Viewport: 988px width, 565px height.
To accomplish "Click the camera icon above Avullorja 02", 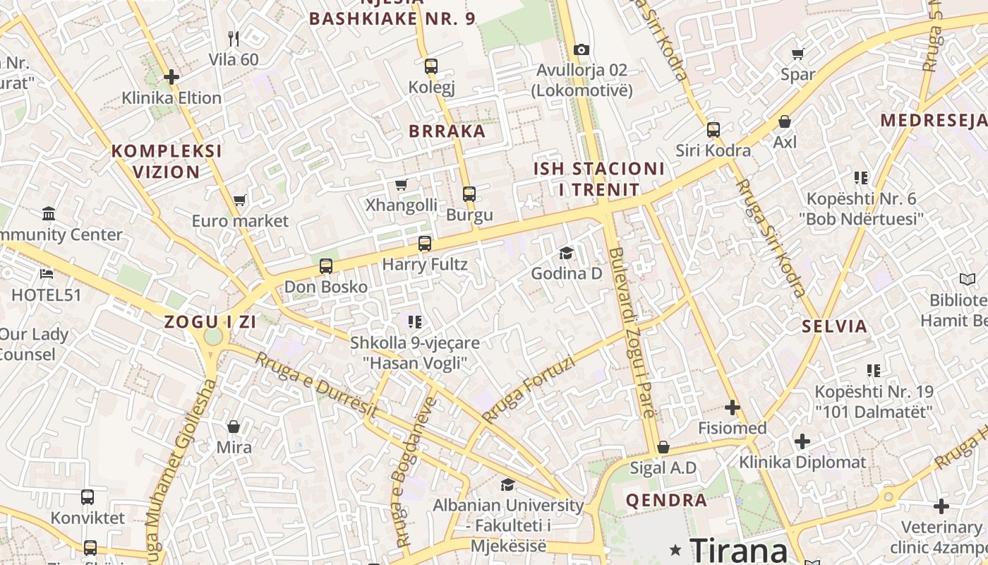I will [581, 49].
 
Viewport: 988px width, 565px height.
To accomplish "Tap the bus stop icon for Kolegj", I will [431, 66].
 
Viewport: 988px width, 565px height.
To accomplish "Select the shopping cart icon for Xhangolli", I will [402, 185].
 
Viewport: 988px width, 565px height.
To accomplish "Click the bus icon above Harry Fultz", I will [425, 244].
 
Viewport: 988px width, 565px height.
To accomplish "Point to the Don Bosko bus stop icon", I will [325, 266].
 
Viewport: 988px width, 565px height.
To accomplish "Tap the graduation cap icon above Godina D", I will [566, 253].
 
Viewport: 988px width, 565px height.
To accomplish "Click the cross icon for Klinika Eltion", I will [171, 77].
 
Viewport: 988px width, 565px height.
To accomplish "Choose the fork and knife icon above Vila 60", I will [234, 38].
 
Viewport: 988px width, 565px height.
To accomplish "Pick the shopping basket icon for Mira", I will [234, 427].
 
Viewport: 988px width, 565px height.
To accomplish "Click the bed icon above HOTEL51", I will [47, 274].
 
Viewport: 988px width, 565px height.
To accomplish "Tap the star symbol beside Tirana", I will [675, 549].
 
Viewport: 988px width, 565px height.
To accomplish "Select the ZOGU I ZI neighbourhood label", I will [210, 322].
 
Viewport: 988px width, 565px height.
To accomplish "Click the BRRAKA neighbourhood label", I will [447, 131].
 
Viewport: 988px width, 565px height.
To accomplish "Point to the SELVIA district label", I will [834, 326].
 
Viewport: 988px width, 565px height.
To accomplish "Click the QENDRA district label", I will [666, 501].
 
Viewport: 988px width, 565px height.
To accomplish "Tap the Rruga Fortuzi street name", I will [529, 388].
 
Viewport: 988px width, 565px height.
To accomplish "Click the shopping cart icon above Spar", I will [798, 54].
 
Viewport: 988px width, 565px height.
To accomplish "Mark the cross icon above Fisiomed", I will [733, 408].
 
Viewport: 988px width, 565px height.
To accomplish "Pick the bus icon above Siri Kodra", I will [713, 130].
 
